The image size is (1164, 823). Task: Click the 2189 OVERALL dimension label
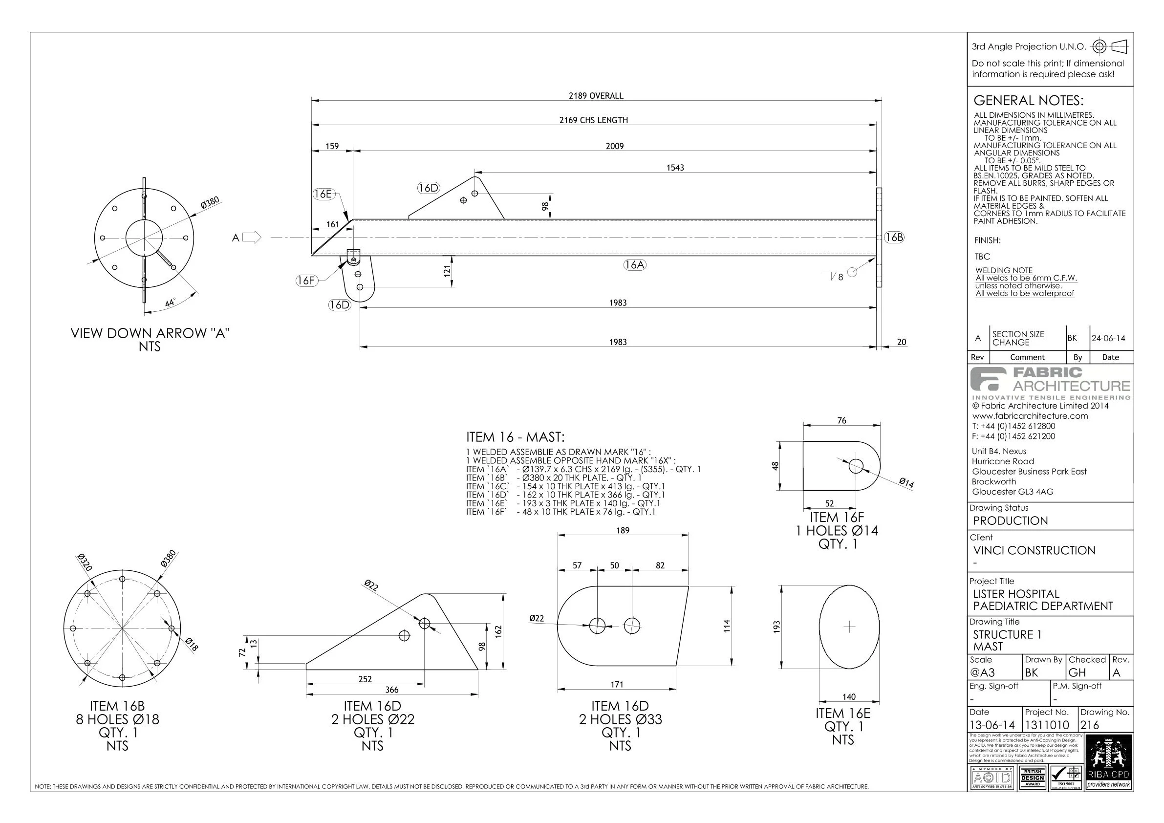(596, 96)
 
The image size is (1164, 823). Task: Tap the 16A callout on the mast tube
(635, 265)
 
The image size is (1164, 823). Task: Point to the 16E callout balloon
(323, 194)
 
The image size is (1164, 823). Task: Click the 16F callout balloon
(306, 281)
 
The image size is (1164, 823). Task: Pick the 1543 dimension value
(675, 168)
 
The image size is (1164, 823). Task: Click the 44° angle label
(170, 303)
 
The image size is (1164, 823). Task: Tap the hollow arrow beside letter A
(252, 238)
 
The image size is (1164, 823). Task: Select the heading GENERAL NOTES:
(1028, 100)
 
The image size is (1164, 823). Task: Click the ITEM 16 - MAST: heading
(515, 437)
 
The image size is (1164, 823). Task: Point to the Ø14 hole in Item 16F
(856, 466)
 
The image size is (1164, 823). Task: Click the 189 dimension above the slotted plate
(623, 530)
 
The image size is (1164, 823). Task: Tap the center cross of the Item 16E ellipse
(849, 627)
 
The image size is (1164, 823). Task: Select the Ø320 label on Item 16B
(85, 563)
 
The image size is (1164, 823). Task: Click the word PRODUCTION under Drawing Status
(1010, 521)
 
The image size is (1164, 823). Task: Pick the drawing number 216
(1089, 725)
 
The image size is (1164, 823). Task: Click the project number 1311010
(1046, 725)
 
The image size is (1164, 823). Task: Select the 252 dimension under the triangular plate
(365, 679)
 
